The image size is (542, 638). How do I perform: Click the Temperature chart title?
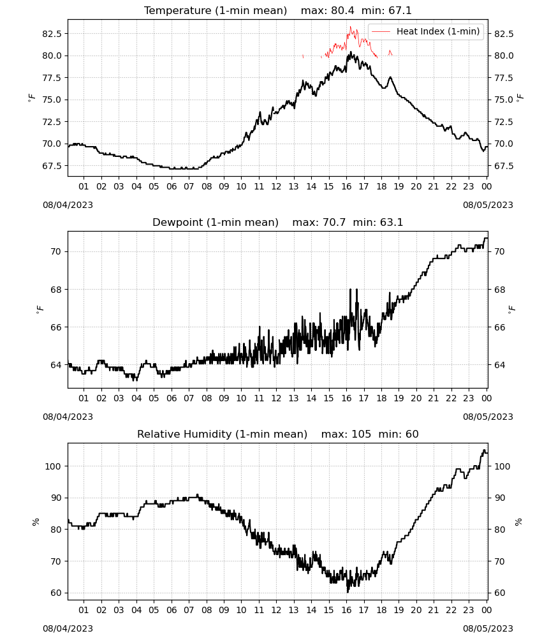coord(278,10)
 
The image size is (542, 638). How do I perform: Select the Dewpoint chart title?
coord(278,222)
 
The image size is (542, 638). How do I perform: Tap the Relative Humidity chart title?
coord(278,434)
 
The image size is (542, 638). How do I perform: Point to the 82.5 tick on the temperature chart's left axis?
coord(52,34)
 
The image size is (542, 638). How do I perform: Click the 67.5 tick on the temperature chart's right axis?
coord(504,166)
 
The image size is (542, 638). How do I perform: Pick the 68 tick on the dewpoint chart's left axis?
coord(56,290)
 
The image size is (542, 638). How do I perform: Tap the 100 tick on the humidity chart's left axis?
coord(54,466)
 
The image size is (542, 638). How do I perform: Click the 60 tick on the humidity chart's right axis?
coord(500,593)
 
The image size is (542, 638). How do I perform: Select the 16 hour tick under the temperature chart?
coord(346,186)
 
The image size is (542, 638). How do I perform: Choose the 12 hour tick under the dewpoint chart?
coord(277,398)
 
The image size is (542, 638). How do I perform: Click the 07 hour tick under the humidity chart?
coord(189,610)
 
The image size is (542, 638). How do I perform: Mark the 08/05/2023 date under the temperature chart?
coord(488,205)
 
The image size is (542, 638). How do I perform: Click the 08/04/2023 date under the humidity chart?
coord(68,628)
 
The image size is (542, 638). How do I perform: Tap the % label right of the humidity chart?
coord(518,522)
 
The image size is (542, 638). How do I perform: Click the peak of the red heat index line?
coord(351,27)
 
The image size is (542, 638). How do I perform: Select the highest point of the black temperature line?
coord(351,52)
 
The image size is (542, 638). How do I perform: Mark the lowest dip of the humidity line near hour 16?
coord(348,592)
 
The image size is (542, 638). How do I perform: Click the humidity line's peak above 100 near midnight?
coord(484,450)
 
